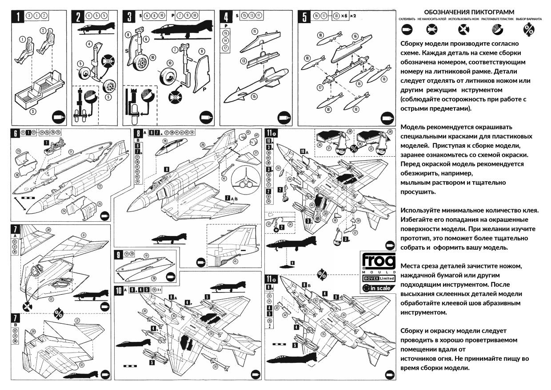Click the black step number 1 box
[18, 17]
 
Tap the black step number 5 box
[304, 17]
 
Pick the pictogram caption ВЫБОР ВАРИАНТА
[527, 20]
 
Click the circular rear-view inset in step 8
[245, 180]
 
